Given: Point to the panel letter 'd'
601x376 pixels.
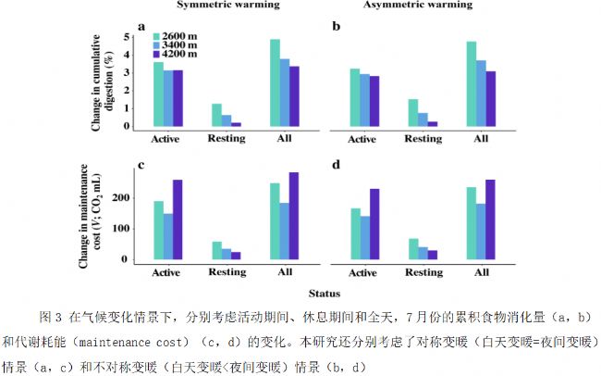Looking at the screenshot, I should [337, 166].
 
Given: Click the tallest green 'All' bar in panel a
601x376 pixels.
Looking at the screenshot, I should [275, 82].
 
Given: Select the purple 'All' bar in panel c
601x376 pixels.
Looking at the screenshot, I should [295, 217].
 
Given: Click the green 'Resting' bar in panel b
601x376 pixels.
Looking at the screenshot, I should [412, 112].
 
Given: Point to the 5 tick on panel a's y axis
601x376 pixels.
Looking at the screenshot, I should [126, 37].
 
